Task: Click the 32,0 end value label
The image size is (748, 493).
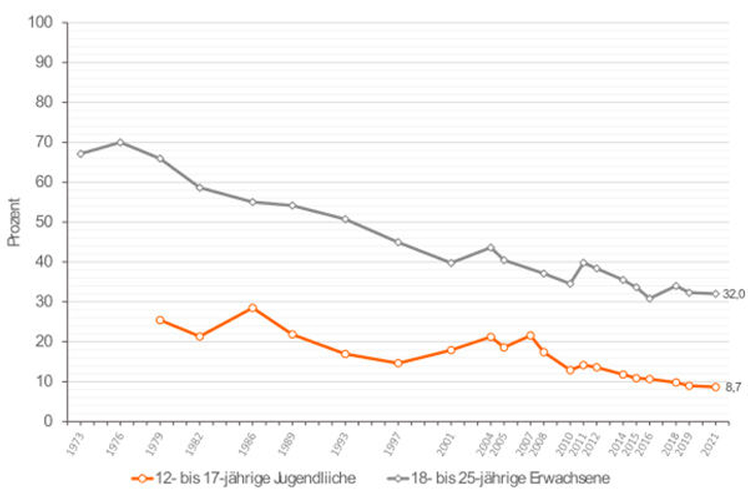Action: (x=733, y=294)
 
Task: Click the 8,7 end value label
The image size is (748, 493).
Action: (x=733, y=387)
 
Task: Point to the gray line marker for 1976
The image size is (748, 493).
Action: (x=120, y=142)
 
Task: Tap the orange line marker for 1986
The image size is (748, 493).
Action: (x=253, y=308)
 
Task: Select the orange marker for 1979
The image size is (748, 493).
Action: (x=160, y=320)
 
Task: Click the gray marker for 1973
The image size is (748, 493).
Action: (x=81, y=154)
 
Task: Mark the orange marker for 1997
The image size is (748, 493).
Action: (x=398, y=363)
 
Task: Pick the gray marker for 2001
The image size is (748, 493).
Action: (x=451, y=263)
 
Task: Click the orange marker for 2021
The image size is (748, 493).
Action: (x=715, y=387)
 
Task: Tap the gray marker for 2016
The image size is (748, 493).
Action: (x=650, y=298)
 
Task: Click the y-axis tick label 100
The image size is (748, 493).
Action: (x=40, y=22)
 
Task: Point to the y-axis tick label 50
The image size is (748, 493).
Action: (x=44, y=222)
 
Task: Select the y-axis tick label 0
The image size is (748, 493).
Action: (x=48, y=421)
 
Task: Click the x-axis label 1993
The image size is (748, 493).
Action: (x=339, y=444)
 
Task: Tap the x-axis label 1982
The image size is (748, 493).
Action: (x=194, y=444)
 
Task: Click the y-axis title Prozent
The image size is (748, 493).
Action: (x=14, y=222)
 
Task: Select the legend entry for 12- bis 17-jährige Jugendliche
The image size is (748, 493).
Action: (x=244, y=478)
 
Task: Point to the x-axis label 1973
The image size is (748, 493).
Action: (x=75, y=444)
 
